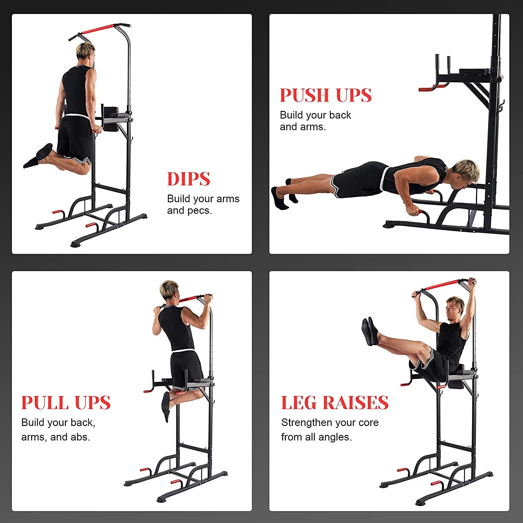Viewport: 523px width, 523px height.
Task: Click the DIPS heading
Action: [x=189, y=179]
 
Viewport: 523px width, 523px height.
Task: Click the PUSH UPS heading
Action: [x=326, y=95]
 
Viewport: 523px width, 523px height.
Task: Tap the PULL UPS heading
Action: [x=66, y=402]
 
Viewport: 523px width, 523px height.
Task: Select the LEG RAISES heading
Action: [x=335, y=402]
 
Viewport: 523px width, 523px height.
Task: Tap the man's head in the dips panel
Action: [x=86, y=54]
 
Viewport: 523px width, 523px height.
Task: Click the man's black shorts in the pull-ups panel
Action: [x=187, y=370]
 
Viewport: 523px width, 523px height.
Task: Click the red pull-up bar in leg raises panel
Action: [x=443, y=286]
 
